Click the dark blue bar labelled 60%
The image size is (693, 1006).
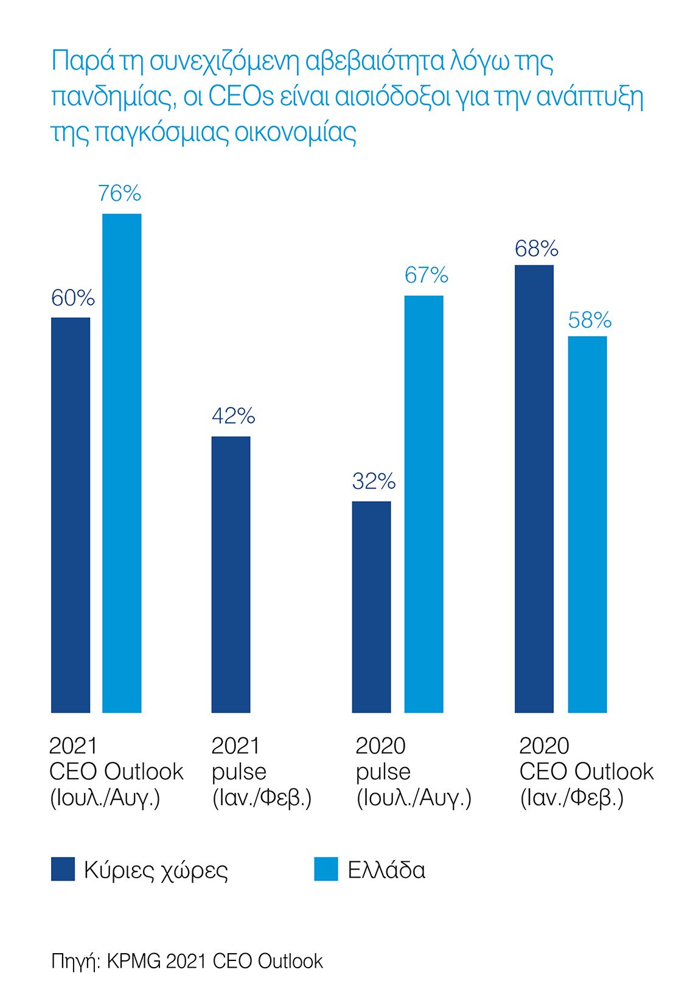pyautogui.click(x=71, y=515)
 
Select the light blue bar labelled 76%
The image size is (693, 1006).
pyautogui.click(x=122, y=463)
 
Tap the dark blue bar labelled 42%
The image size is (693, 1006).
pyautogui.click(x=231, y=574)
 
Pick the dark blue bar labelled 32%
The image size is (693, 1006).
pyautogui.click(x=371, y=606)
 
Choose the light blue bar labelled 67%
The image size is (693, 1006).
pyautogui.click(x=423, y=504)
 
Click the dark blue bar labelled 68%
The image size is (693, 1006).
pyautogui.click(x=534, y=488)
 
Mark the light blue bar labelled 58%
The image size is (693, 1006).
pyautogui.click(x=587, y=524)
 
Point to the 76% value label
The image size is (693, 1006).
pyautogui.click(x=120, y=193)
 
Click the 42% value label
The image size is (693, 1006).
pyautogui.click(x=233, y=416)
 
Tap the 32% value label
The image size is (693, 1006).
pyautogui.click(x=374, y=482)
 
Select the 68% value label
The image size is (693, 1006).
pyautogui.click(x=536, y=249)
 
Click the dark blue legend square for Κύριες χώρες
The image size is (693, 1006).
pyautogui.click(x=63, y=869)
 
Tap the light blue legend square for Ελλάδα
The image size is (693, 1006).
pyautogui.click(x=326, y=869)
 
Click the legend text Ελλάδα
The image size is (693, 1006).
pyautogui.click(x=386, y=870)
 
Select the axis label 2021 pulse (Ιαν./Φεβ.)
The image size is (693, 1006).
pyautogui.click(x=261, y=771)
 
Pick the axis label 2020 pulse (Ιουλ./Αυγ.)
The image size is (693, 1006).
pyautogui.click(x=413, y=771)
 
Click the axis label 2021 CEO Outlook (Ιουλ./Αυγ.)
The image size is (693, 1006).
pyautogui.click(x=116, y=771)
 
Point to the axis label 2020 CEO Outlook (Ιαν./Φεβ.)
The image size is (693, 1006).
pyautogui.click(x=586, y=771)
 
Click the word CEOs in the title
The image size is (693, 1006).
pyautogui.click(x=241, y=97)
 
